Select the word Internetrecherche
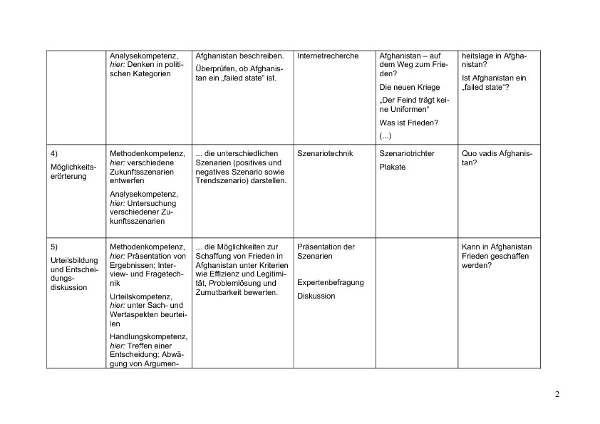click(x=328, y=56)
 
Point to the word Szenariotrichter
click(x=407, y=154)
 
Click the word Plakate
click(x=393, y=167)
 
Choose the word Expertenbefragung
click(x=330, y=283)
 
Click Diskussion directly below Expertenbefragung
click(x=316, y=296)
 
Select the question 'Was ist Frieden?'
click(x=409, y=123)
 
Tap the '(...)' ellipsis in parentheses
click(x=386, y=135)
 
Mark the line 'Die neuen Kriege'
click(x=410, y=87)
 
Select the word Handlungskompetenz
click(x=148, y=336)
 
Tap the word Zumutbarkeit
click(x=218, y=292)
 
